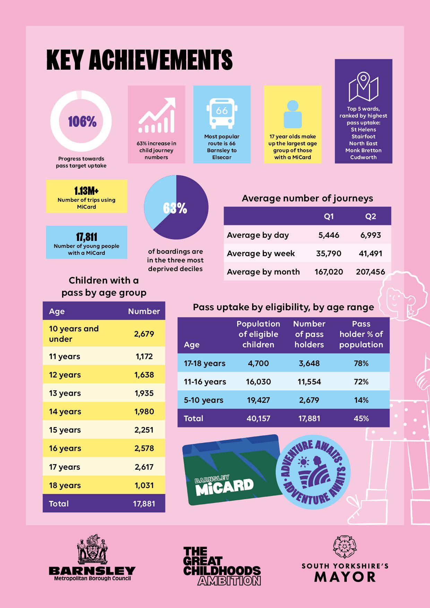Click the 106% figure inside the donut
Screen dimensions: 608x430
(82, 122)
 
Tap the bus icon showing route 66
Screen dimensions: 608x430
(222, 113)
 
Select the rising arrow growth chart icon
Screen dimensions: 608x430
(157, 115)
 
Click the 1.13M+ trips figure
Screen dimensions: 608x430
(86, 191)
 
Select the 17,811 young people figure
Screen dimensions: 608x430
(86, 237)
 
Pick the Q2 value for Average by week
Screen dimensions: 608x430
(370, 253)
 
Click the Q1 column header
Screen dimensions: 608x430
(328, 216)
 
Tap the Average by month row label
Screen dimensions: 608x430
(263, 272)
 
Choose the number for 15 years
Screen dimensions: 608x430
(144, 430)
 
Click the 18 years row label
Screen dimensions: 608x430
(65, 485)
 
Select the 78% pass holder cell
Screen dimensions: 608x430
(361, 363)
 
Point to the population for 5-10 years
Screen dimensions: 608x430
(258, 400)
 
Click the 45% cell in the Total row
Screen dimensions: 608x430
(361, 418)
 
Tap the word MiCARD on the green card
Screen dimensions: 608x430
(225, 487)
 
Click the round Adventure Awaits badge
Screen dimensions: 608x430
(313, 472)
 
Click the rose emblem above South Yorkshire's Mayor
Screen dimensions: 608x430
(345, 546)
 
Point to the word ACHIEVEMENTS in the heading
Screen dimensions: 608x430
(161, 60)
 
